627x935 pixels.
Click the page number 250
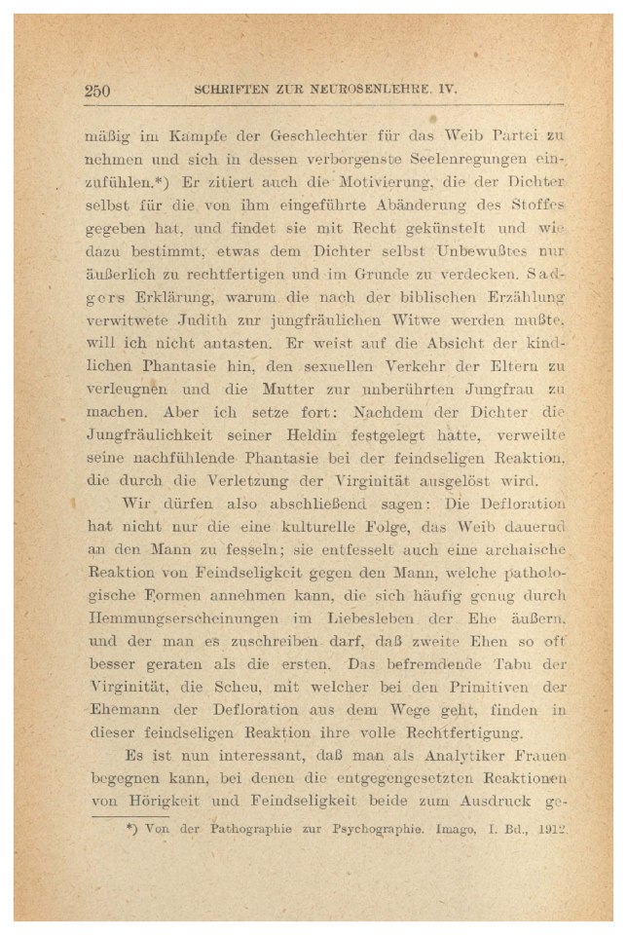(x=97, y=92)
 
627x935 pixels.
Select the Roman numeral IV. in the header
(x=445, y=90)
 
